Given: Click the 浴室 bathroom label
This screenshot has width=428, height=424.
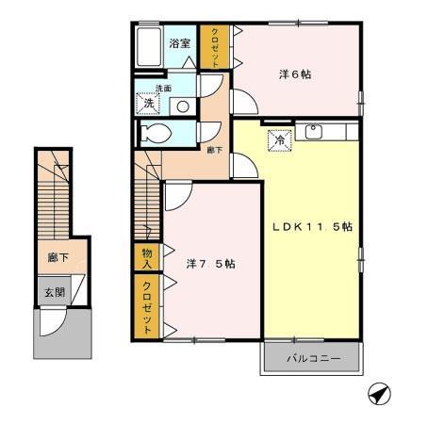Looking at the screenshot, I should click(x=180, y=43).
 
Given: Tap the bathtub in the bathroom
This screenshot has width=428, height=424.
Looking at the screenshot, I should click(x=149, y=47).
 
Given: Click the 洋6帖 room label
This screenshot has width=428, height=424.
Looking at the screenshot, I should click(x=294, y=74).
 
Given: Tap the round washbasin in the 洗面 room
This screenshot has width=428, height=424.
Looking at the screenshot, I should click(x=184, y=106).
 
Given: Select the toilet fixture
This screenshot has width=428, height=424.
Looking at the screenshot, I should click(x=156, y=134).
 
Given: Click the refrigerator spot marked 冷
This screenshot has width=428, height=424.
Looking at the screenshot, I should click(x=280, y=139).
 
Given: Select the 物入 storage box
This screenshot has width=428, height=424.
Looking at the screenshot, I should click(x=147, y=256).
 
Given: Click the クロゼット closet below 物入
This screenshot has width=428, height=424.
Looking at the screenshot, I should click(x=147, y=305).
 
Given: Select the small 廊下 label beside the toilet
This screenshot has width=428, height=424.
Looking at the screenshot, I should click(x=213, y=149).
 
